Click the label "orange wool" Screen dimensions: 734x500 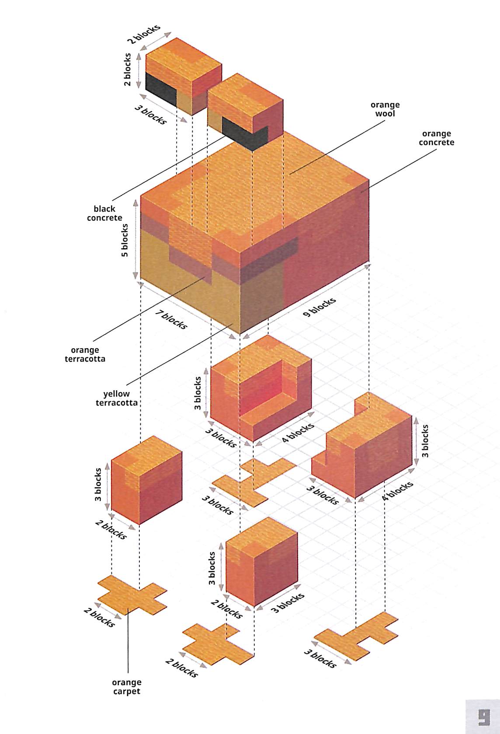[x=385, y=109]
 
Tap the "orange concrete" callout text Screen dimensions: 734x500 [x=436, y=138]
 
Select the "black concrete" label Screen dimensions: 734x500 [x=104, y=213]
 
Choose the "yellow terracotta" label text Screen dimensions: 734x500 [x=117, y=398]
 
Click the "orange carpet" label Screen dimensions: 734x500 [x=126, y=687]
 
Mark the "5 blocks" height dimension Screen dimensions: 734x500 [x=125, y=240]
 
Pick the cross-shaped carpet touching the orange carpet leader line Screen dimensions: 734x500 [x=132, y=594]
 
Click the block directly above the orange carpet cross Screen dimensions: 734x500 [x=146, y=479]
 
